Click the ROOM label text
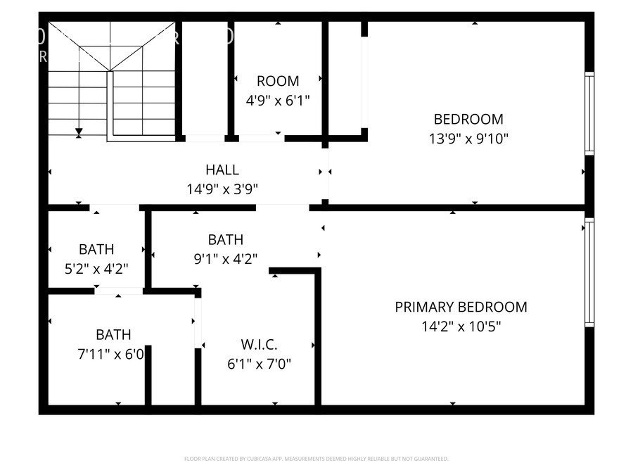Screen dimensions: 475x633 click(x=278, y=81)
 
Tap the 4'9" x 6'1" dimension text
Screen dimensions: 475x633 click(x=278, y=100)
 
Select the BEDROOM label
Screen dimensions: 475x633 click(x=468, y=119)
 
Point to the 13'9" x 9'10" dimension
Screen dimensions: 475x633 click(x=468, y=139)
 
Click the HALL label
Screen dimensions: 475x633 click(x=222, y=170)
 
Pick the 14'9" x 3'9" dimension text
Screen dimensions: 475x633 click(x=222, y=189)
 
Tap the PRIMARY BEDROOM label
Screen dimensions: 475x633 click(x=461, y=307)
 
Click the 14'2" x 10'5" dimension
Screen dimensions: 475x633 click(x=461, y=326)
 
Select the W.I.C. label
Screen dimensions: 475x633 click(x=259, y=345)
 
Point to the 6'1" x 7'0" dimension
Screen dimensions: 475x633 click(x=259, y=364)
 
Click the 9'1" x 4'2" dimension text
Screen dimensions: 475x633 click(x=226, y=259)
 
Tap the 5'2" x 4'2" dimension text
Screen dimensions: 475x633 click(x=96, y=268)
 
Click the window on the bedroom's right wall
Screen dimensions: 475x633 click(x=589, y=113)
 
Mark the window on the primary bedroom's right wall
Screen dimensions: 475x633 click(x=589, y=272)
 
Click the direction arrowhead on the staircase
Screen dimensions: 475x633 click(x=79, y=132)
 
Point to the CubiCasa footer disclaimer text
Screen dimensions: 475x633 click(x=316, y=459)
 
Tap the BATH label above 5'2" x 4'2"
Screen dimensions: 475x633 click(x=96, y=249)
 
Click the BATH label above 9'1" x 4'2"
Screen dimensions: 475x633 click(x=226, y=240)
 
